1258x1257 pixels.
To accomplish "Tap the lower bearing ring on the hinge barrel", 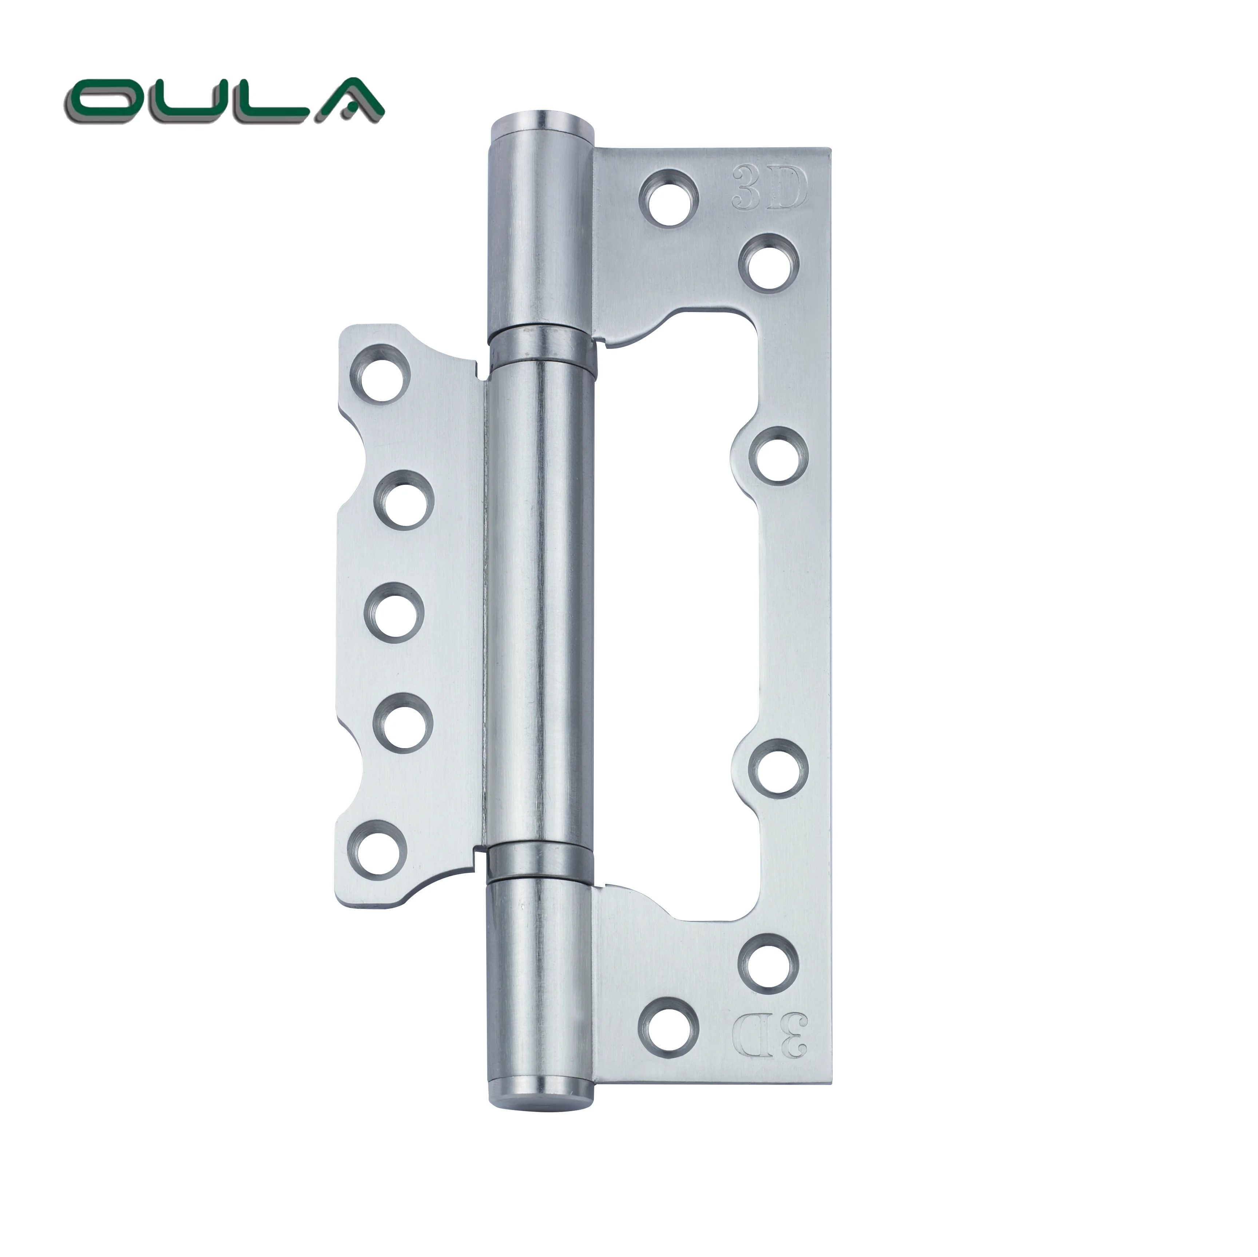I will (x=543, y=860).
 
